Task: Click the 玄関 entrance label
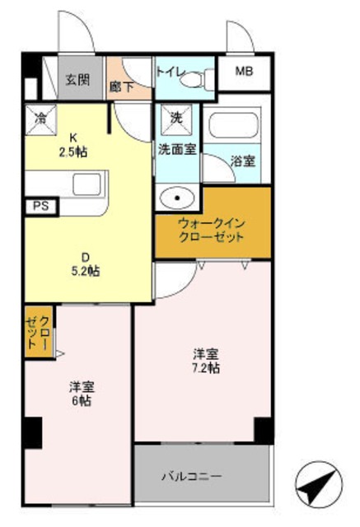click(x=77, y=80)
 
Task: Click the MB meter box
click(x=245, y=72)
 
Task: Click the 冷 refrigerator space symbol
click(x=40, y=117)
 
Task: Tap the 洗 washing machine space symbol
click(x=175, y=118)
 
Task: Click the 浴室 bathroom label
click(x=242, y=161)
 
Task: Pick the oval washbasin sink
click(x=175, y=198)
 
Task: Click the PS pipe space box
click(x=40, y=206)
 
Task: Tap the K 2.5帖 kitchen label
click(x=73, y=144)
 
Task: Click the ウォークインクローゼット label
click(x=211, y=230)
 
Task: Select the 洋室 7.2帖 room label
click(x=206, y=361)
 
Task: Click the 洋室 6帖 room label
click(x=80, y=393)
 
